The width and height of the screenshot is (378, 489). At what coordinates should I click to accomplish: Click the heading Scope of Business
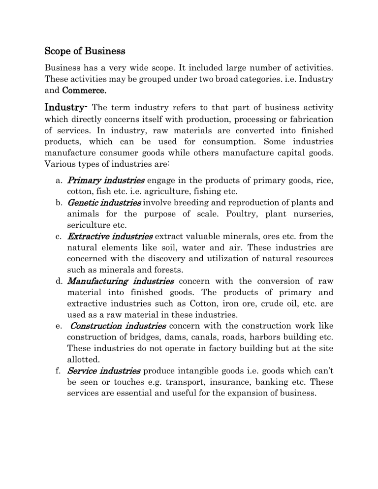(85, 51)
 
